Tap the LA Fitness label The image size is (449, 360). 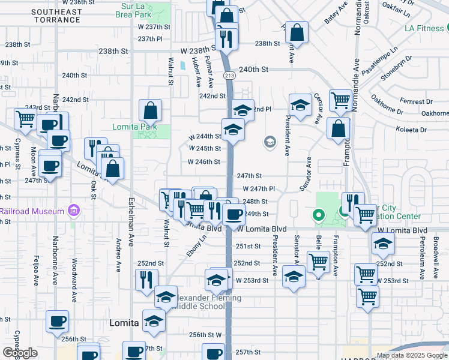(x=424, y=28)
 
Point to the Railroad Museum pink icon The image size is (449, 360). (x=74, y=211)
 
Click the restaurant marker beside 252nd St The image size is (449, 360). (x=146, y=279)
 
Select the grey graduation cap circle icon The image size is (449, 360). (x=270, y=142)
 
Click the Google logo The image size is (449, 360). (x=20, y=353)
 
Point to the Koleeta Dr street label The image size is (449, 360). (x=411, y=129)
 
